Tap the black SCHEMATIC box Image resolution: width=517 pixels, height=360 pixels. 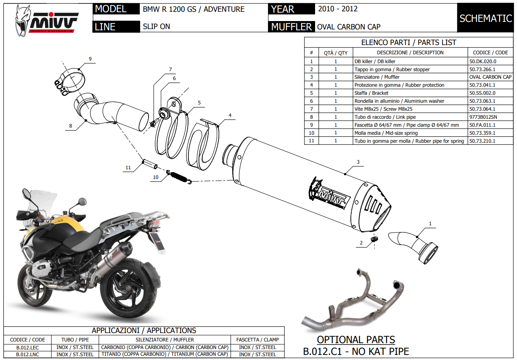pyautogui.click(x=485, y=18)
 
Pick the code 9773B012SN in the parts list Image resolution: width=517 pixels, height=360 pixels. pyautogui.click(x=484, y=117)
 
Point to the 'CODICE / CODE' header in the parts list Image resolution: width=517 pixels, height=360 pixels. pyautogui.click(x=490, y=53)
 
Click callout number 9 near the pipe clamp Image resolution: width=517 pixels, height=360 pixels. pyautogui.click(x=90, y=59)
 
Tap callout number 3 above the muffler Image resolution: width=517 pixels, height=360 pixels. pyautogui.click(x=358, y=162)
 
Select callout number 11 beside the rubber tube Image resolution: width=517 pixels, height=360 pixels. pyautogui.click(x=128, y=168)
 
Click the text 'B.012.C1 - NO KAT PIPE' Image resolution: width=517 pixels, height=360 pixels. pyautogui.click(x=356, y=351)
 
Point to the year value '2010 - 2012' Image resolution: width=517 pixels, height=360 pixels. pyautogui.click(x=338, y=9)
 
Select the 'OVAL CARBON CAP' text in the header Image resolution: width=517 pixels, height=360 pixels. pyautogui.click(x=348, y=27)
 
